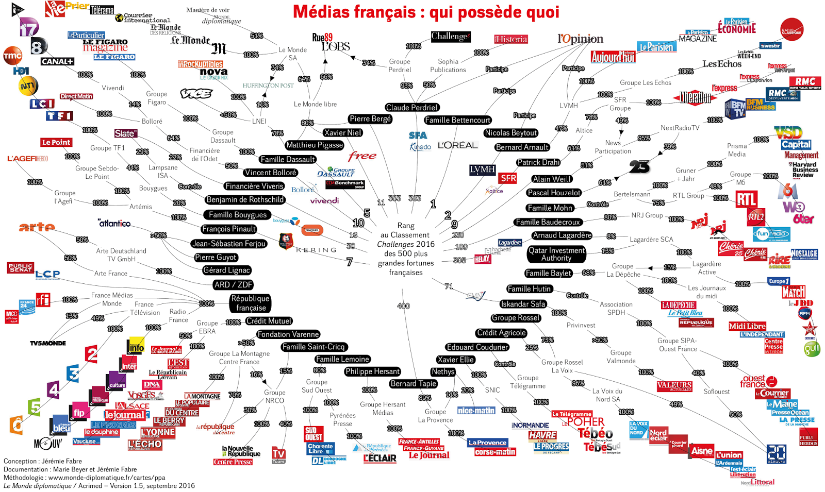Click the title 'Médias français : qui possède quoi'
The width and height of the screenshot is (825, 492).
pyautogui.click(x=426, y=11)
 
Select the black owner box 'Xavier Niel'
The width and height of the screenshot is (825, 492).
pyautogui.click(x=343, y=132)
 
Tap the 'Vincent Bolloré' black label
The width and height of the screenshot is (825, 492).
pyautogui.click(x=270, y=173)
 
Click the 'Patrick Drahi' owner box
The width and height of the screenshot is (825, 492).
pyautogui.click(x=538, y=162)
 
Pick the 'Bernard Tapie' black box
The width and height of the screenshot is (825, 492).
pyautogui.click(x=414, y=383)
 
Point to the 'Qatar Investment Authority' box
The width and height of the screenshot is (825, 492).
pyautogui.click(x=556, y=254)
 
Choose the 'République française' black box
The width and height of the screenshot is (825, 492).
pyautogui.click(x=250, y=303)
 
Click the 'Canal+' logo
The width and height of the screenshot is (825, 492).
pyautogui.click(x=57, y=61)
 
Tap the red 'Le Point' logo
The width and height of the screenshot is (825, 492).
pyautogui.click(x=56, y=142)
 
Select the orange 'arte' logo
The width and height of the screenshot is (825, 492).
pyautogui.click(x=37, y=227)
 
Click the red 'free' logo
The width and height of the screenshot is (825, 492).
pyautogui.click(x=362, y=156)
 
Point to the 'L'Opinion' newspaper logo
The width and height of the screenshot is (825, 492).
pyautogui.click(x=580, y=39)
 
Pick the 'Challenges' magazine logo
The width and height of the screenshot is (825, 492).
pyautogui.click(x=451, y=37)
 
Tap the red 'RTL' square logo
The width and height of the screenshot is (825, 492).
pyautogui.click(x=746, y=199)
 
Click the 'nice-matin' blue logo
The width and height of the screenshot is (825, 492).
pyautogui.click(x=476, y=411)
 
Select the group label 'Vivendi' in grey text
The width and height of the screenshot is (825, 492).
pyautogui.click(x=113, y=88)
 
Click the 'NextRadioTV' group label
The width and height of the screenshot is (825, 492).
pyautogui.click(x=680, y=128)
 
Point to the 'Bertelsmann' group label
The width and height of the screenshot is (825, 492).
pyautogui.click(x=632, y=194)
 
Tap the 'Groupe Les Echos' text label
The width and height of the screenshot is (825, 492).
pyautogui.click(x=646, y=82)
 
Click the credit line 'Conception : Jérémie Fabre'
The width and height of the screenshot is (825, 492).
pyautogui.click(x=43, y=461)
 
